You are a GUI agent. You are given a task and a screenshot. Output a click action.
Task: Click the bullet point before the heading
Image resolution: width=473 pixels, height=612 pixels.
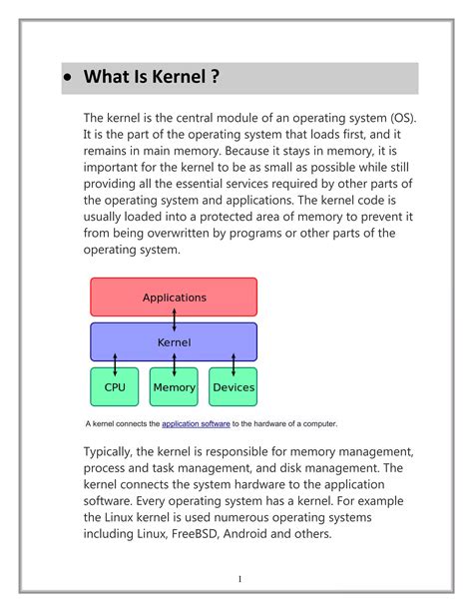point(68,78)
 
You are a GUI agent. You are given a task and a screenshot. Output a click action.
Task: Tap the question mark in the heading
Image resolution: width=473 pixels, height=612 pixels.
point(215,78)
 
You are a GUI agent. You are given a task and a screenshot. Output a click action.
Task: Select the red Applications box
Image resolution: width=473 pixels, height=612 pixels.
point(174,297)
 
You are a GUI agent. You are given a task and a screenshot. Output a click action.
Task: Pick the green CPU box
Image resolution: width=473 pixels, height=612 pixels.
point(115,387)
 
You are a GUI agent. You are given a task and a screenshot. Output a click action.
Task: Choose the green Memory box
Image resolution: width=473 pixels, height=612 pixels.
point(174,387)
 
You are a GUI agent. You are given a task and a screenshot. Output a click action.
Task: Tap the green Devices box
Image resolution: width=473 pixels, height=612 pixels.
point(233,387)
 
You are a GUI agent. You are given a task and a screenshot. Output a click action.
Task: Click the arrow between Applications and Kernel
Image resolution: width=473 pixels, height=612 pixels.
point(175,320)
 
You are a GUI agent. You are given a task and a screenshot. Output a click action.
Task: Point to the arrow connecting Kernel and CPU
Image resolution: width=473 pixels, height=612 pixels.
point(115,364)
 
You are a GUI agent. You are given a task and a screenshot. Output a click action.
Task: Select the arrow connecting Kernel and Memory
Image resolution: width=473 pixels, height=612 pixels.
point(174,364)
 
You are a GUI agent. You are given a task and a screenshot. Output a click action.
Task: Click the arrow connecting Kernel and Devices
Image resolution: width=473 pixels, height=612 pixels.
point(233,364)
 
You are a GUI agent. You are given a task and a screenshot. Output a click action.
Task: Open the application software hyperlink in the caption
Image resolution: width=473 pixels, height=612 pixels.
point(196,423)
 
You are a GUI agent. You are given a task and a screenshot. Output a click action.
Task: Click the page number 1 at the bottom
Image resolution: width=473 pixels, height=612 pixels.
point(240,579)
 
